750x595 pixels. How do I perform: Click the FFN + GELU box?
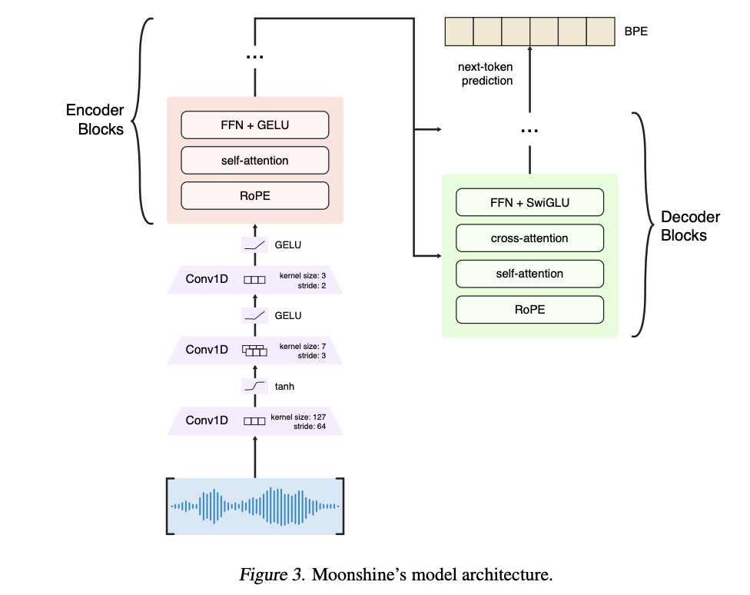pos(255,125)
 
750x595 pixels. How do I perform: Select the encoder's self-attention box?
pos(255,161)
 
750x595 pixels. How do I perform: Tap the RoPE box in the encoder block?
pos(255,196)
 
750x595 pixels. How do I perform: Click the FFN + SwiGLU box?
pos(529,202)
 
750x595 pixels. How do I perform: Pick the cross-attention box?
pos(529,238)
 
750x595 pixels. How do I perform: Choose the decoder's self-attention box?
pos(529,274)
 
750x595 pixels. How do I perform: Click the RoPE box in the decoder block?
pos(529,310)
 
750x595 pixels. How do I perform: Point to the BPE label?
pos(636,31)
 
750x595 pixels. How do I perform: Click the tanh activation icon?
pos(254,387)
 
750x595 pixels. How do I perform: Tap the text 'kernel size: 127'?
pos(298,417)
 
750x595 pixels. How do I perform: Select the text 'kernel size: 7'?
pos(302,346)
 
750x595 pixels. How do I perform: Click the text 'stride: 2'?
pos(311,286)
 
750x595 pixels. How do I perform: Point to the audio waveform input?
pos(255,506)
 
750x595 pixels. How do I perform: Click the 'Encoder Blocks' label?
pos(95,120)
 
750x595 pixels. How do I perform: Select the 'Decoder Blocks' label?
pos(690,226)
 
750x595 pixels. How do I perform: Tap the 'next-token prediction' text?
pos(486,74)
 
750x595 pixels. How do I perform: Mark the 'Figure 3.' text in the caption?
pos(272,574)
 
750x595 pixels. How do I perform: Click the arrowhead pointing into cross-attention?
pos(439,256)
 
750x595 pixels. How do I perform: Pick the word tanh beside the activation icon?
pos(284,387)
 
